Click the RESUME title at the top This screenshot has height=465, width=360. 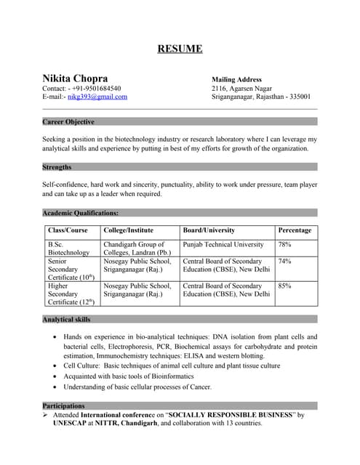(x=180, y=49)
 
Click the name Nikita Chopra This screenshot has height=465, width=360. (x=76, y=78)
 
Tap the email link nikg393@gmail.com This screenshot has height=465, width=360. (x=97, y=97)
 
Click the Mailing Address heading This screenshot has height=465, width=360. (x=236, y=79)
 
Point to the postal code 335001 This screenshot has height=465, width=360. (x=297, y=97)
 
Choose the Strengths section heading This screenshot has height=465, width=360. (x=57, y=167)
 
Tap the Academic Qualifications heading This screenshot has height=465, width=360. (x=81, y=213)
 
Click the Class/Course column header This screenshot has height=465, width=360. (x=68, y=230)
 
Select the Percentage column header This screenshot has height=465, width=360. (x=295, y=230)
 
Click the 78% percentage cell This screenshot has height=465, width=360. (x=284, y=245)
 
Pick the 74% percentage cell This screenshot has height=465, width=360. (x=284, y=261)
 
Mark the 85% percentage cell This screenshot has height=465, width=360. (x=284, y=286)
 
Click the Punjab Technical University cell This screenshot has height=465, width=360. (x=223, y=245)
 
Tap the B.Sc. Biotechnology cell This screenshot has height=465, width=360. (x=68, y=248)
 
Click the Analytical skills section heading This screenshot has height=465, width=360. (x=66, y=319)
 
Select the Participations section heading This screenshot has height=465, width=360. (x=63, y=405)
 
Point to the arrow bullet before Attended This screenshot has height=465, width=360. (x=47, y=414)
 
